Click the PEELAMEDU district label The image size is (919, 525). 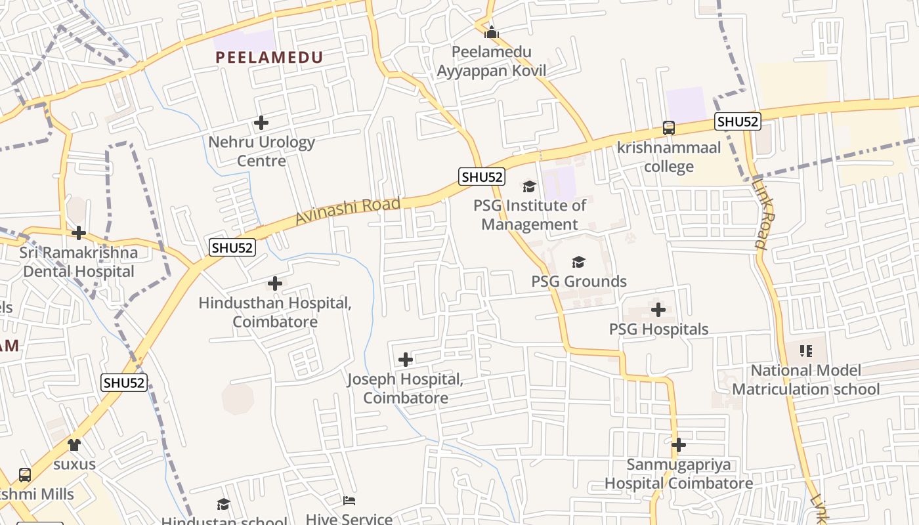(269, 57)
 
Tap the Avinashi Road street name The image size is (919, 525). (347, 210)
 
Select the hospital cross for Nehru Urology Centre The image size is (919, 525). (261, 123)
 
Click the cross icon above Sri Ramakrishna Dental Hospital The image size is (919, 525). (79, 233)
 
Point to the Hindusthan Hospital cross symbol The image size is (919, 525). (275, 283)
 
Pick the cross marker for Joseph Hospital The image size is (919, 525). (406, 360)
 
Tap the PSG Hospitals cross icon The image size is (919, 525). (658, 310)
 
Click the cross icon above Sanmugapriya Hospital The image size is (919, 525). (678, 445)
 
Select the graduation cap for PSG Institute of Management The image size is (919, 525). (529, 186)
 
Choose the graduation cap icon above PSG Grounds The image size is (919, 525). (578, 262)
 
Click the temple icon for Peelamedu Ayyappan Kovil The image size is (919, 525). (492, 32)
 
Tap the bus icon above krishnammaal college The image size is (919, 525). (668, 128)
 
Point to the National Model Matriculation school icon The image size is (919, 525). (806, 351)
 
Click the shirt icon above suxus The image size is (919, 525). (74, 445)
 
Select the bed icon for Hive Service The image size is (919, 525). (349, 501)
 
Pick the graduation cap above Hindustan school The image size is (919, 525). (223, 504)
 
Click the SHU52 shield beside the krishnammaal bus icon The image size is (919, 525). (738, 121)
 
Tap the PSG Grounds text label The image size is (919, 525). (579, 282)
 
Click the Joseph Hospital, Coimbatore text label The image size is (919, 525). (406, 388)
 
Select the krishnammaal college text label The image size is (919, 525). (668, 157)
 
